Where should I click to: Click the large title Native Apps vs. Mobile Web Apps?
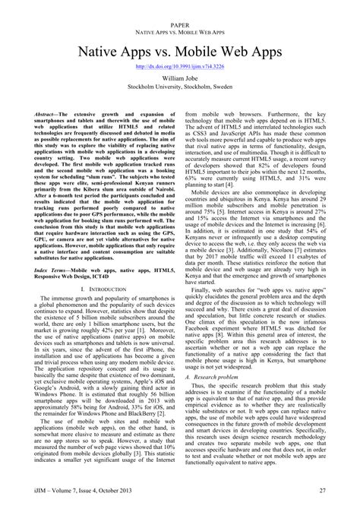coord(180,50)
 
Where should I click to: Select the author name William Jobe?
coord(180,78)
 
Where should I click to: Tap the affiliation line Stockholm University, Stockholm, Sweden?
coord(180,87)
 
